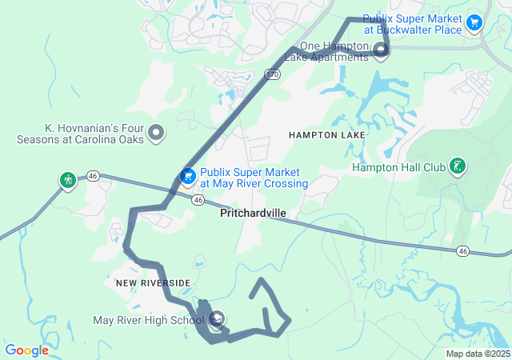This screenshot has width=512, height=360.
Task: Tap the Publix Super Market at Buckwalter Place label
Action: coord(412,24)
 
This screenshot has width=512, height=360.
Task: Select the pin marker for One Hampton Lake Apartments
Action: coord(381,52)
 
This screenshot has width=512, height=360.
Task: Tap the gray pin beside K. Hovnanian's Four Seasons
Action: coord(156,133)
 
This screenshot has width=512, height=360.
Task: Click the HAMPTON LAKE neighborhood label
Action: coord(327,135)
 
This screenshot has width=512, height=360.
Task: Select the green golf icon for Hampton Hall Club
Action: coord(457,166)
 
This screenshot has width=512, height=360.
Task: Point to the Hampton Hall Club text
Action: coord(398,167)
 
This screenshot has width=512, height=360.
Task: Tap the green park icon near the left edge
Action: coord(67,179)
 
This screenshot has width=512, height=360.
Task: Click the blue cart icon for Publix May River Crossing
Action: coord(188,176)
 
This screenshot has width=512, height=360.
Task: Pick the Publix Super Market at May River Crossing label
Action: coord(254,178)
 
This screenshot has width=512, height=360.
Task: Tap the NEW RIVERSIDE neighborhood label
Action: coord(153,283)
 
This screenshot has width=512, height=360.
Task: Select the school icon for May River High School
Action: coord(217,321)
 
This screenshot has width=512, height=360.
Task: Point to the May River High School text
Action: coord(149,321)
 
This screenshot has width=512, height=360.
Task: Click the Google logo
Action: coord(27,350)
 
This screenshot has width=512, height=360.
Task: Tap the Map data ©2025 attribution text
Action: coord(477,354)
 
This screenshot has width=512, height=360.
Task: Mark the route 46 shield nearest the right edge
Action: coord(462,251)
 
